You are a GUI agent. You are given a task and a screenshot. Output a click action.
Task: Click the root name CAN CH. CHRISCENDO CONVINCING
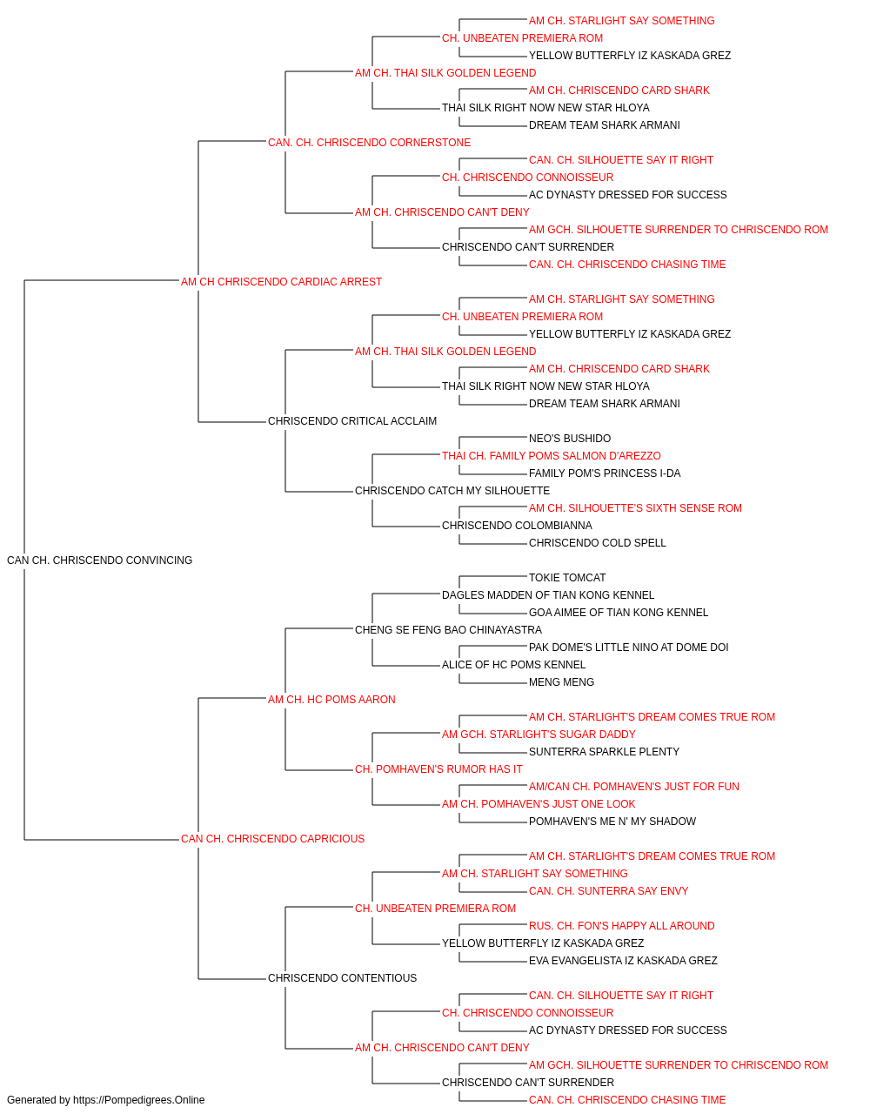click(x=99, y=560)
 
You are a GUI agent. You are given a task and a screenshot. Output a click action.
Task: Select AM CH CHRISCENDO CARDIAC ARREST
click(x=281, y=282)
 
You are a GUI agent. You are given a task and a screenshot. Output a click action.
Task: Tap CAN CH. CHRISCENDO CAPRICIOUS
click(x=272, y=839)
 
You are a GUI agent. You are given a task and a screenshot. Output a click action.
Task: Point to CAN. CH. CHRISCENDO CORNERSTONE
click(x=369, y=143)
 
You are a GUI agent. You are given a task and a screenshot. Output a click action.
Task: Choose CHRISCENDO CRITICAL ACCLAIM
click(x=352, y=421)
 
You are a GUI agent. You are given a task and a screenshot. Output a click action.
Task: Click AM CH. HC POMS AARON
click(x=331, y=699)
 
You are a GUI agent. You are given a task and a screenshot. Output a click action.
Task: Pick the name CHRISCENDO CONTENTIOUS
click(x=342, y=977)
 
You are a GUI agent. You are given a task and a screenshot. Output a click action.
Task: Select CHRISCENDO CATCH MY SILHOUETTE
click(x=452, y=491)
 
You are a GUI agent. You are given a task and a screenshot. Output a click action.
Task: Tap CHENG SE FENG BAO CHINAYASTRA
click(x=448, y=629)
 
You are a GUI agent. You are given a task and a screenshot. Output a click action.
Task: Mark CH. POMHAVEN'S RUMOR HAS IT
click(x=438, y=769)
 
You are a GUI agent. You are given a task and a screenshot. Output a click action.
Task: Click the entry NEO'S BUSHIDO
click(x=570, y=439)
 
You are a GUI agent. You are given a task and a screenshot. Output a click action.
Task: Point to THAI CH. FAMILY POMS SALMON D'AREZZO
click(x=552, y=456)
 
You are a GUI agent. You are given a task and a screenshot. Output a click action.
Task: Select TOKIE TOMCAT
click(x=567, y=578)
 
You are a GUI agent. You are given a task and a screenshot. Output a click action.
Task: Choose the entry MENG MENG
click(x=561, y=681)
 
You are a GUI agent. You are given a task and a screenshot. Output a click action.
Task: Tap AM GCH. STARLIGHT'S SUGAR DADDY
click(x=539, y=735)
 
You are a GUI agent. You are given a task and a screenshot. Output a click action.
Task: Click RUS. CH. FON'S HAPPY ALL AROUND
click(x=621, y=926)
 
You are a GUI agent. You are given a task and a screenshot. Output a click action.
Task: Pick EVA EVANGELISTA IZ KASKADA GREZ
click(x=623, y=960)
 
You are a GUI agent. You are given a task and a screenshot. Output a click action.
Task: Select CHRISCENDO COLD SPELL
click(x=598, y=543)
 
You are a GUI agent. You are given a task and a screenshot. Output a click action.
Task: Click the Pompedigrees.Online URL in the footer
click(x=139, y=1100)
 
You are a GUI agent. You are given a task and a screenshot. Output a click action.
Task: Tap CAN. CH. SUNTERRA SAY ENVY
click(x=609, y=891)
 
